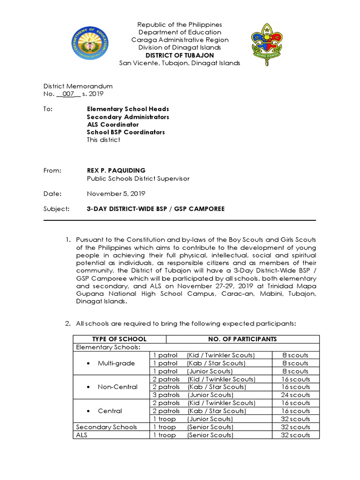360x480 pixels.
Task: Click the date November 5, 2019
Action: [x=116, y=193]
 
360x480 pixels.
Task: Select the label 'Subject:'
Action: [x=56, y=209]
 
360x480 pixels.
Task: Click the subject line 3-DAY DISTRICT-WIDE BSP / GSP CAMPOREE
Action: [x=156, y=209]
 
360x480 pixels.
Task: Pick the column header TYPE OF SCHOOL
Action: [x=120, y=339]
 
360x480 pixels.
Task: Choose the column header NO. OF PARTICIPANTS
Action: [x=242, y=339]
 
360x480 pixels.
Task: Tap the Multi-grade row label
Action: [x=116, y=363]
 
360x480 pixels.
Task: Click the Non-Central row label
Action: [x=118, y=387]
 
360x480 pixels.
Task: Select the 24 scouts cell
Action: [x=295, y=395]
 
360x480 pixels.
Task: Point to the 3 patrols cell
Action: [x=166, y=395]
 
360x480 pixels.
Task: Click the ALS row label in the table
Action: [x=82, y=435]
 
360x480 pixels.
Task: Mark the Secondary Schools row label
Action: [x=106, y=427]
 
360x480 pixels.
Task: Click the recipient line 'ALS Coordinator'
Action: [x=113, y=125]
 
